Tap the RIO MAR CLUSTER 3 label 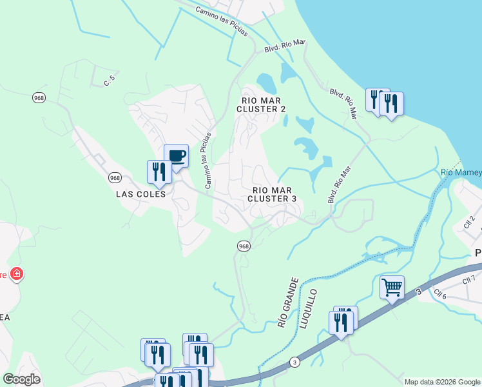coord(272,194)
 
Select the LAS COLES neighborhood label coord(141,193)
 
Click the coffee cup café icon coord(176,155)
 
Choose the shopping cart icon coord(392,286)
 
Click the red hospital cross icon coord(17,275)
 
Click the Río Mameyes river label coord(461,172)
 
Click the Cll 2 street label coord(469,223)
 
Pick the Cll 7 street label coord(468,279)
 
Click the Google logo coord(22,379)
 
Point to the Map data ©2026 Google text coord(442,382)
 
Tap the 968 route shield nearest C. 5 coord(39,97)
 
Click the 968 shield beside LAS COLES coord(115,177)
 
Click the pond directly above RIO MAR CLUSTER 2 coord(267,82)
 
